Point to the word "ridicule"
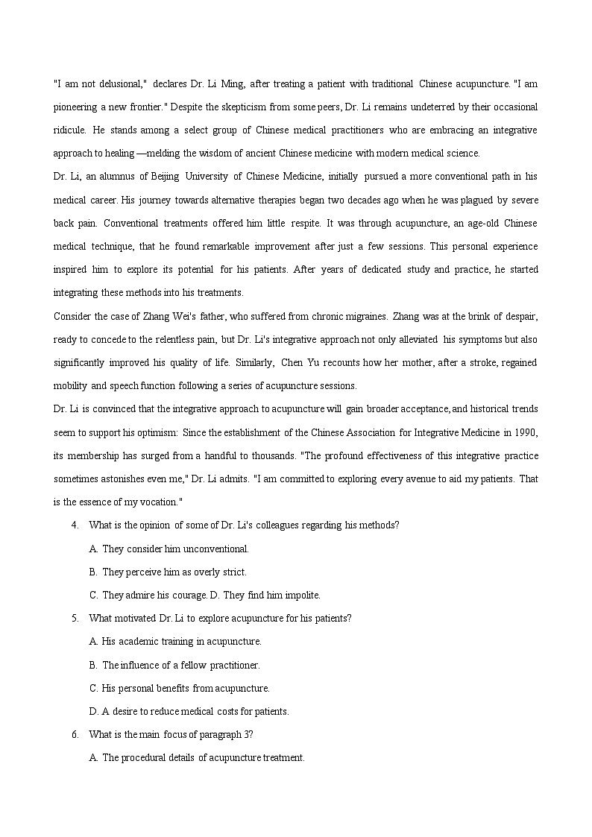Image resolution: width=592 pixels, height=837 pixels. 69,130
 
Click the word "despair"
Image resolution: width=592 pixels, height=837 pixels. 520,316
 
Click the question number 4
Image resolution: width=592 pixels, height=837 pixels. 75,525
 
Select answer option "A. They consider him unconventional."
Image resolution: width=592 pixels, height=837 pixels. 169,549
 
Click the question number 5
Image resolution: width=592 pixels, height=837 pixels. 75,619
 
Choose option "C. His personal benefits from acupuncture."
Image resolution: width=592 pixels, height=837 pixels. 180,688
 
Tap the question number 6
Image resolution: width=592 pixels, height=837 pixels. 75,735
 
